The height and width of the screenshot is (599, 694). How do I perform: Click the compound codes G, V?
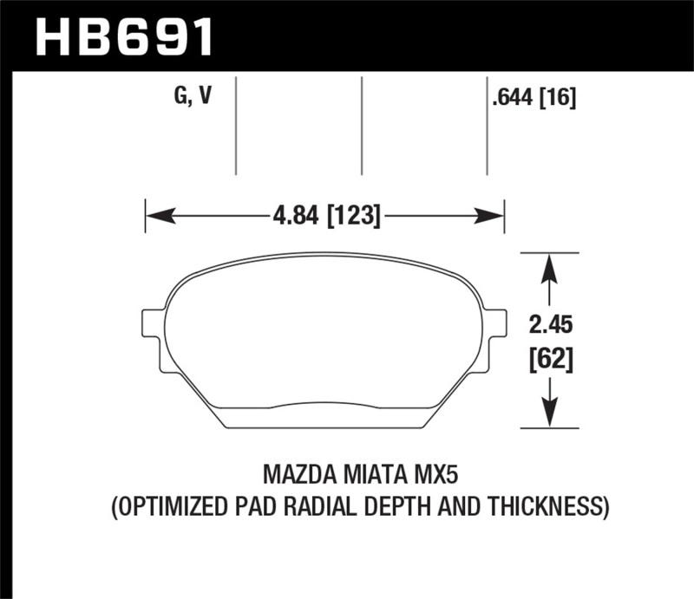[x=193, y=97]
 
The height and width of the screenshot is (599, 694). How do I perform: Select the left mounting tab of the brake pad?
[x=151, y=324]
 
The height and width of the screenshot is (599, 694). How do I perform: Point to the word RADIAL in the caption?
[x=327, y=505]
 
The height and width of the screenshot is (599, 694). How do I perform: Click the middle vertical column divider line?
[x=361, y=125]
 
